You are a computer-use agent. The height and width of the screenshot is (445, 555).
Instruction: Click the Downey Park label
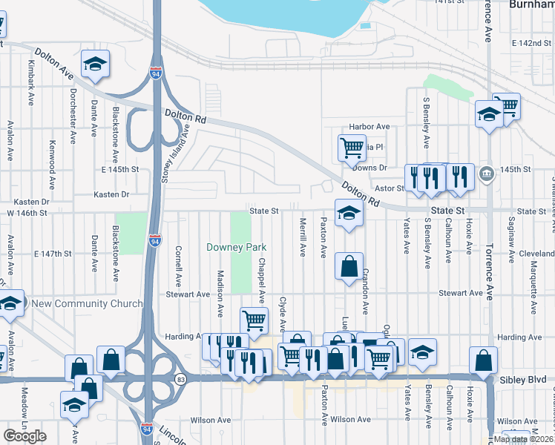236,247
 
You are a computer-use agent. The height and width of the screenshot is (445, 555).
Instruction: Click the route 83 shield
181,379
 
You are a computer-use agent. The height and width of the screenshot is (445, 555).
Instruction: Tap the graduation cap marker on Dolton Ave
95,65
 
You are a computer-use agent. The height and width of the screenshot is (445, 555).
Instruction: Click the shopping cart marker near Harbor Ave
352,148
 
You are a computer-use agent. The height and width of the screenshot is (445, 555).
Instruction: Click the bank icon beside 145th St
486,174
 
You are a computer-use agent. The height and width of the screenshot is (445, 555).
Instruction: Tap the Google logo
24,436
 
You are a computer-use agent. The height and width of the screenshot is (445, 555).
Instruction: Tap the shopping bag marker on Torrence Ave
483,360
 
